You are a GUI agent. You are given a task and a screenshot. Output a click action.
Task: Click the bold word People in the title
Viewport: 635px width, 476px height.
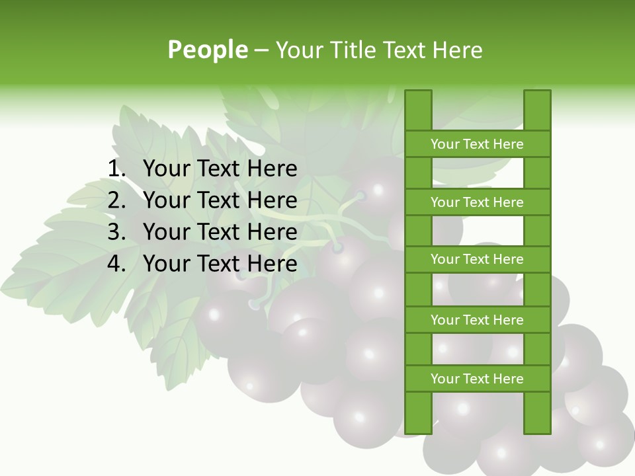[208, 50]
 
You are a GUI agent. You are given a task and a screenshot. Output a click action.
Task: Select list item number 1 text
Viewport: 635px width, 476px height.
[220, 169]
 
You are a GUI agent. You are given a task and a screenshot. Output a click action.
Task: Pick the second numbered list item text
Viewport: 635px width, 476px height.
[220, 200]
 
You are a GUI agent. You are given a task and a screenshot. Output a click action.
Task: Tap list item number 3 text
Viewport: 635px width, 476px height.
[220, 232]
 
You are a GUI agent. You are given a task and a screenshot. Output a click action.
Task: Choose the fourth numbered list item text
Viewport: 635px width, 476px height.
[220, 264]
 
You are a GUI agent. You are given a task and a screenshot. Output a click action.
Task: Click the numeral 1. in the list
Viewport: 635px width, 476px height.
[116, 169]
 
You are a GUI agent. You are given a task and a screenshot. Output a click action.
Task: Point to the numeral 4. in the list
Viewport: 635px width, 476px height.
[116, 264]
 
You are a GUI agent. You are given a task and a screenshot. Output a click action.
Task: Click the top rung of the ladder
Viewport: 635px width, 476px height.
[477, 144]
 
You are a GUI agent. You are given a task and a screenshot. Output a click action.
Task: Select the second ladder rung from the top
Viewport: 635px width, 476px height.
[477, 202]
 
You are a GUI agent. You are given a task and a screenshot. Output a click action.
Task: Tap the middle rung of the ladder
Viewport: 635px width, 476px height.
[477, 259]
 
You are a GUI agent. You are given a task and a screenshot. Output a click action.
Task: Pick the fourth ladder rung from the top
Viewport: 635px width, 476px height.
[477, 320]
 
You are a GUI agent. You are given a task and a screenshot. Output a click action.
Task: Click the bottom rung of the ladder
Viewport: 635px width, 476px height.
[477, 379]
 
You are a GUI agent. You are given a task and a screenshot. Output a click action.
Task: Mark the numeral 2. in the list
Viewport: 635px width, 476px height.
[116, 200]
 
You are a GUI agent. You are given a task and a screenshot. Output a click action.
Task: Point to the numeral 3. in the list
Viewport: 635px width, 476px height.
[116, 232]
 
